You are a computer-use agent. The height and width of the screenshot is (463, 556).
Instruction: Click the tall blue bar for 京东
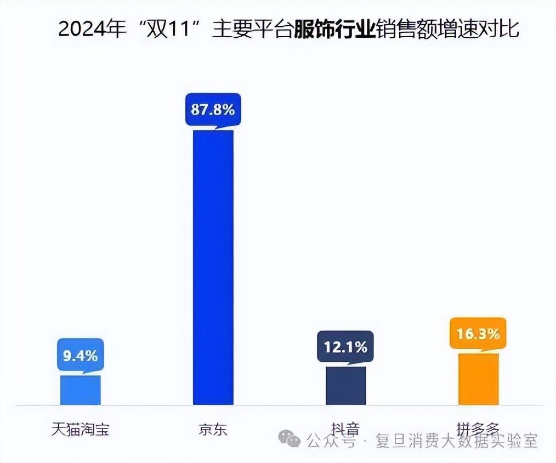pyautogui.click(x=213, y=267)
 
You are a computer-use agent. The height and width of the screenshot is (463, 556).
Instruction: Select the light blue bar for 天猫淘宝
pyautogui.click(x=80, y=390)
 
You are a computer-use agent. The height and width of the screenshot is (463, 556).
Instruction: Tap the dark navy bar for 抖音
pyautogui.click(x=345, y=385)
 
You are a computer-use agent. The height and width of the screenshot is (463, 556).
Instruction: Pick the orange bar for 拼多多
pyautogui.click(x=478, y=379)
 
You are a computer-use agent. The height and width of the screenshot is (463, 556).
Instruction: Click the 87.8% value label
pyautogui.click(x=213, y=109)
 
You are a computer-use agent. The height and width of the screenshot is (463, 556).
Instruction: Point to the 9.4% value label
pyautogui.click(x=80, y=356)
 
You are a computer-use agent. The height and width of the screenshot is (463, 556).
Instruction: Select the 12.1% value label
pyautogui.click(x=345, y=347)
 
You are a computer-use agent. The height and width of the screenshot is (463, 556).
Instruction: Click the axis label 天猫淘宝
pyautogui.click(x=80, y=429)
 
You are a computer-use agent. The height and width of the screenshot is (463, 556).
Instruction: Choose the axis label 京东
pyautogui.click(x=213, y=429)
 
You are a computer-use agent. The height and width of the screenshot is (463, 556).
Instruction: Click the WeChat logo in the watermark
pyautogui.click(x=289, y=438)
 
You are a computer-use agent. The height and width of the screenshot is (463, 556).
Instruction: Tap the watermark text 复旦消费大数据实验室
pyautogui.click(x=456, y=441)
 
